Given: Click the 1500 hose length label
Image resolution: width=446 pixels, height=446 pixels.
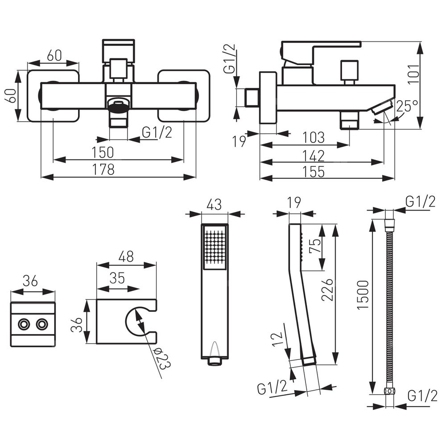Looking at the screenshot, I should click(362, 295).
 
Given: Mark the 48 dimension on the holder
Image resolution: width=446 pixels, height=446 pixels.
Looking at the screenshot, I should click(127, 256).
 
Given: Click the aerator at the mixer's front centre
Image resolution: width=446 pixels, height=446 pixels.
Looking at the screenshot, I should click(119, 105).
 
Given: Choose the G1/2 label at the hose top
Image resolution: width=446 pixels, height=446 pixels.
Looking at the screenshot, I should click(420, 202).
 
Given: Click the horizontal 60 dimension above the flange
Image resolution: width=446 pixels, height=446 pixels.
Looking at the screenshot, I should click(54, 56).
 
